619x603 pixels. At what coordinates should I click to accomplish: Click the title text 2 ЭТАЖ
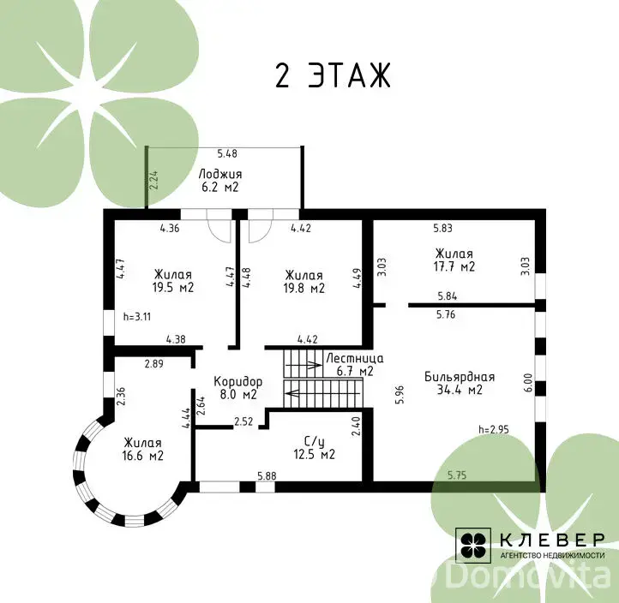click(x=333, y=75)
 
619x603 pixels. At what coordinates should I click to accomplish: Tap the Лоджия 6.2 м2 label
click(x=219, y=180)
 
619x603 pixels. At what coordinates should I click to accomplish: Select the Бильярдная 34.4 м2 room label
click(x=460, y=383)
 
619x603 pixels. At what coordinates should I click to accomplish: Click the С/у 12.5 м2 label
click(x=315, y=448)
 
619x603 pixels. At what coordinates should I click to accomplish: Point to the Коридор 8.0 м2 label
click(x=238, y=388)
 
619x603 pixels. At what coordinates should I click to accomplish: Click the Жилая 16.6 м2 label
click(x=142, y=449)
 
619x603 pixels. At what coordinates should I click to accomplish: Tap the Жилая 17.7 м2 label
click(x=454, y=260)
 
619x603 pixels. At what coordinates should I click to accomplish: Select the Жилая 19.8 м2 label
click(x=304, y=281)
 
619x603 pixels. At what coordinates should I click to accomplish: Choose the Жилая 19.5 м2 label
click(x=173, y=280)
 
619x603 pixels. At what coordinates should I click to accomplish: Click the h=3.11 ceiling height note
click(x=137, y=317)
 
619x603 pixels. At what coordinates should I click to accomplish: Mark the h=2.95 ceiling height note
click(x=494, y=429)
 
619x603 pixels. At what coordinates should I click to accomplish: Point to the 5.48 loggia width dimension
click(x=227, y=153)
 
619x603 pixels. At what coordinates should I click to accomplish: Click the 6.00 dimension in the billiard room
click(x=529, y=383)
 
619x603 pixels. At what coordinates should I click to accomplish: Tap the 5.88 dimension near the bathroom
click(x=267, y=476)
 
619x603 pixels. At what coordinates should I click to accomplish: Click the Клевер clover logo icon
click(x=473, y=545)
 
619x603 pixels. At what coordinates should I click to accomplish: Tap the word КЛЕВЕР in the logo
click(x=552, y=540)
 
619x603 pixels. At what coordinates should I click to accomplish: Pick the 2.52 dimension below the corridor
click(x=243, y=421)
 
